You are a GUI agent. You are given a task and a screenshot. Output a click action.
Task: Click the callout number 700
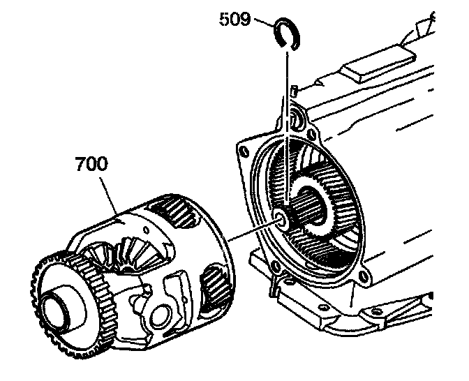click(91, 165)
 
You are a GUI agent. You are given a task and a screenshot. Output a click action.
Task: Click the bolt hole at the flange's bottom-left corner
click(279, 266)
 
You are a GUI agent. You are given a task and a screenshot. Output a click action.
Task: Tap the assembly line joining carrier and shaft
click(251, 232)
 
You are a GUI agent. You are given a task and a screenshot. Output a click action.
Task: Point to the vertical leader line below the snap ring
click(285, 126)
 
